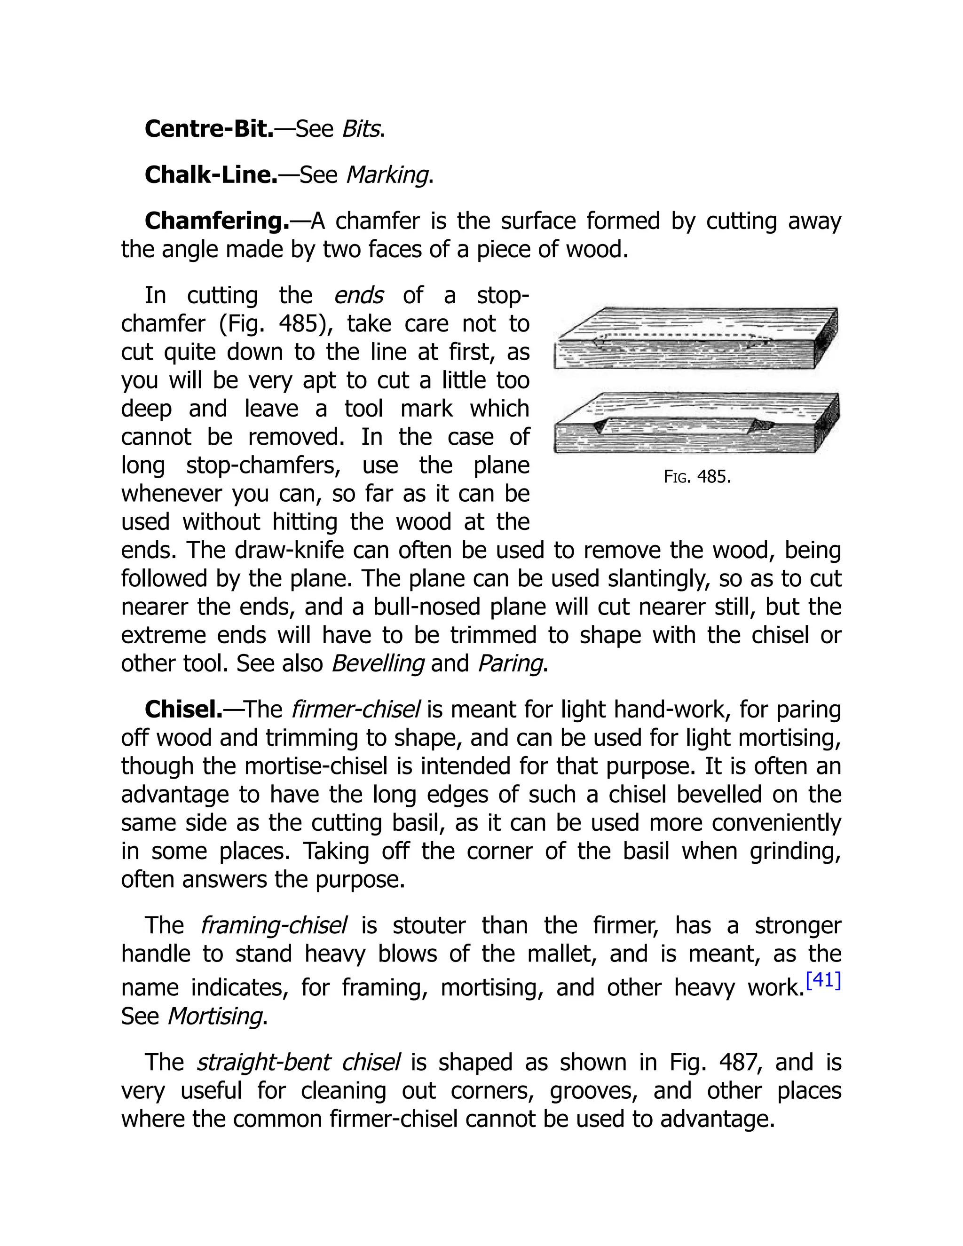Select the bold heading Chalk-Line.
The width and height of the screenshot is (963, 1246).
(x=211, y=174)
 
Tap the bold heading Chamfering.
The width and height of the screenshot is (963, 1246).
(x=217, y=221)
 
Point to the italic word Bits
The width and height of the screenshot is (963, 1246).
(x=361, y=129)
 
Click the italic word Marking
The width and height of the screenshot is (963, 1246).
(x=387, y=174)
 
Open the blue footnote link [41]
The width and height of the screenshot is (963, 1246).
(x=823, y=980)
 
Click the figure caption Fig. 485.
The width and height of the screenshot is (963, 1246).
(x=696, y=476)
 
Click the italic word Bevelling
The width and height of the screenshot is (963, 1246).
(x=378, y=663)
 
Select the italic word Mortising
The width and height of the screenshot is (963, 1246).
(x=214, y=1016)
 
